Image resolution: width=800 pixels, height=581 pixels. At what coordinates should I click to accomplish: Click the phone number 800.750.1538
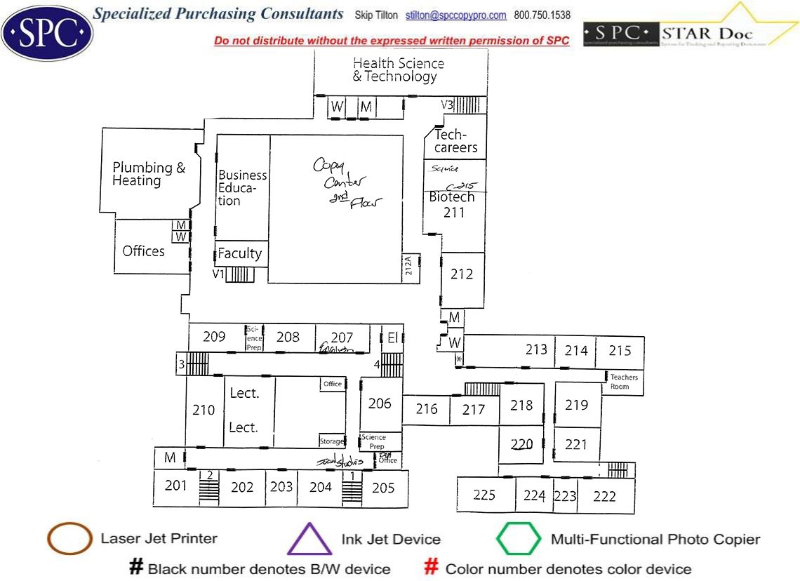pyautogui.click(x=542, y=15)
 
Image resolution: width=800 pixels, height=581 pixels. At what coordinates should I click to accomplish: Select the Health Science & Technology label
pyautogui.click(x=398, y=70)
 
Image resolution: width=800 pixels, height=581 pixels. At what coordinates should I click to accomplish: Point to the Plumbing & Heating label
pyautogui.click(x=149, y=174)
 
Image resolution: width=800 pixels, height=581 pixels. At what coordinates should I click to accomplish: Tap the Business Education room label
pyautogui.click(x=242, y=187)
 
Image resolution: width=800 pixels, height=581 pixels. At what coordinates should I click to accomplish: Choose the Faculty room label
pyautogui.click(x=239, y=253)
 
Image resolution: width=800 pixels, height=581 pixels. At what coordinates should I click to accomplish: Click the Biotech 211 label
pyautogui.click(x=453, y=204)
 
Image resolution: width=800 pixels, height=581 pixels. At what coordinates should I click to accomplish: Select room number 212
pyautogui.click(x=462, y=274)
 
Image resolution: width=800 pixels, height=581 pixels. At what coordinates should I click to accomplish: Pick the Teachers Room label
pyautogui.click(x=624, y=382)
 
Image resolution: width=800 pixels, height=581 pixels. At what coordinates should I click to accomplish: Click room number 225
pyautogui.click(x=484, y=495)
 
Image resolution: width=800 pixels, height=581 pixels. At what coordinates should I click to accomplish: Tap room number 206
pyautogui.click(x=380, y=403)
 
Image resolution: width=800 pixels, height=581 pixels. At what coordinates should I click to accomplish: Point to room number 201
pyautogui.click(x=176, y=485)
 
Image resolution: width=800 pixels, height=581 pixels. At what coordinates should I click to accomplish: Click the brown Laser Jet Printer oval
pyautogui.click(x=69, y=539)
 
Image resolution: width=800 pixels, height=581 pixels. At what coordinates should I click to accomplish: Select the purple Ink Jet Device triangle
pyautogui.click(x=309, y=540)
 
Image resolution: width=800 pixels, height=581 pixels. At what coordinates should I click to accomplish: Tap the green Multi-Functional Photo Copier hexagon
pyautogui.click(x=519, y=540)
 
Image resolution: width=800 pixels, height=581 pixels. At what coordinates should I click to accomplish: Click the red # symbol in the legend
pyautogui.click(x=432, y=568)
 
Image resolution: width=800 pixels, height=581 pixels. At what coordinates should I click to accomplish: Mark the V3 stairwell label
pyautogui.click(x=447, y=105)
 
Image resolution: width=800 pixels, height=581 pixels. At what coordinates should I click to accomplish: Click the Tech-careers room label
pyautogui.click(x=455, y=141)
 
